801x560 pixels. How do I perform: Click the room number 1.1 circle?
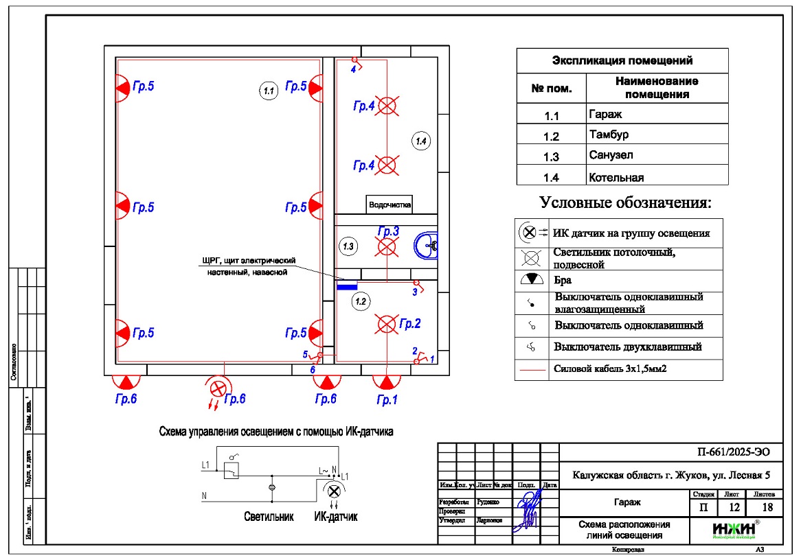(x=269, y=89)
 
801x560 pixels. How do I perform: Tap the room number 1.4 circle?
(x=421, y=141)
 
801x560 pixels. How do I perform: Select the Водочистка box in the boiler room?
(x=390, y=204)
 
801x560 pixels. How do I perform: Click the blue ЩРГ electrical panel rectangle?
(x=347, y=286)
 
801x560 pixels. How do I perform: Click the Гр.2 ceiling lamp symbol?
(x=387, y=323)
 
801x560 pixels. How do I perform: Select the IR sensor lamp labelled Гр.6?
(x=218, y=388)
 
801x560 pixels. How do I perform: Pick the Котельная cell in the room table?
(x=616, y=178)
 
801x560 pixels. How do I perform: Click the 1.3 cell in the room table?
(x=551, y=157)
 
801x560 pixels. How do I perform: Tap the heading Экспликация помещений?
(x=622, y=61)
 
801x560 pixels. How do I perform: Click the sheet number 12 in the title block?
(x=734, y=508)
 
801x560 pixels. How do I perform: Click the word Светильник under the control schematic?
(x=269, y=516)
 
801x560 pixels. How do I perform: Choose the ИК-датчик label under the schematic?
(x=335, y=516)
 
